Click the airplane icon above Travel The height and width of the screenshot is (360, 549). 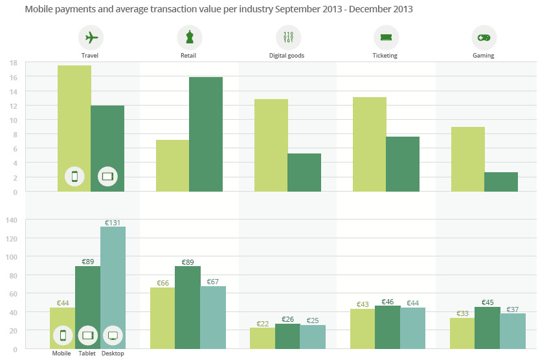click(91, 38)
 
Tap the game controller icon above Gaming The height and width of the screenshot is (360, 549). click(484, 38)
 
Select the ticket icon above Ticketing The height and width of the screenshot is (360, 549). click(386, 38)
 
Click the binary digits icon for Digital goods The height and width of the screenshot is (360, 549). click(288, 38)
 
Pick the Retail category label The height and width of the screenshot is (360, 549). click(189, 56)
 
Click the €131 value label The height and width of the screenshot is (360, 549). click(113, 222)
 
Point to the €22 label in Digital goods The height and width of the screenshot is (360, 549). click(263, 323)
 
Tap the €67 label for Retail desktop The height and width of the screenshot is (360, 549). click(213, 282)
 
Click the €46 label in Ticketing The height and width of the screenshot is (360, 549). click(388, 302)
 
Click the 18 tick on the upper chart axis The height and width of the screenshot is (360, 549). click(13, 63)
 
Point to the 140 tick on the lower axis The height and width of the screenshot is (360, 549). click(11, 220)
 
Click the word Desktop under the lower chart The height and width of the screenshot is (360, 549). click(113, 354)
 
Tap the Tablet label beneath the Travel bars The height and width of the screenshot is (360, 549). click(87, 354)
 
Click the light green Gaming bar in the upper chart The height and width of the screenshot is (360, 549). click(467, 159)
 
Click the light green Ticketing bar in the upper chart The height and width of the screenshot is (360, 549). click(369, 144)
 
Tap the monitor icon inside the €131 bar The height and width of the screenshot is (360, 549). click(113, 335)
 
